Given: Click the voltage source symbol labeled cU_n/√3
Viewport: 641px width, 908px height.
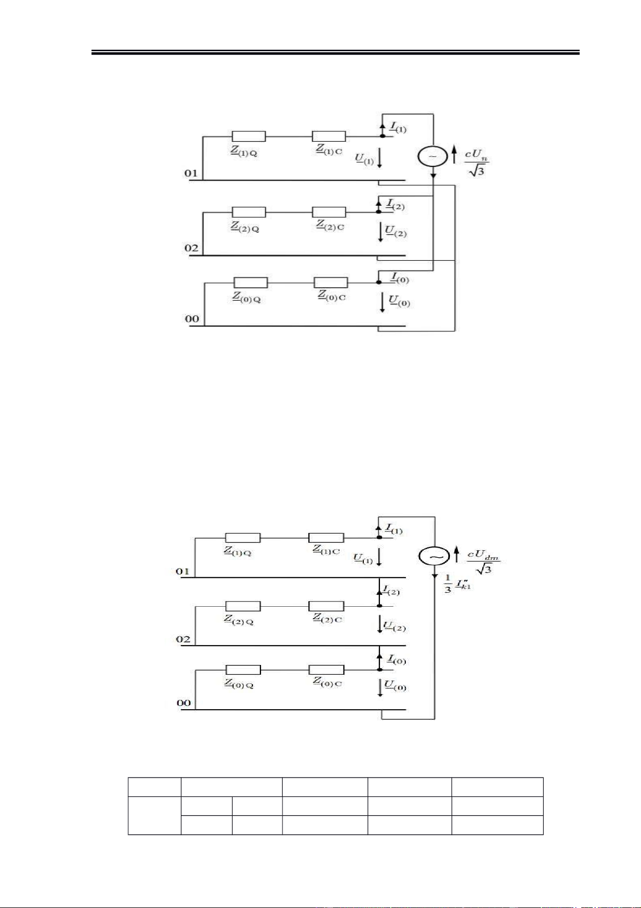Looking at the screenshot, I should tap(433, 156).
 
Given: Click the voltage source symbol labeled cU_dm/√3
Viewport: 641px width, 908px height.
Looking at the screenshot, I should tap(434, 556).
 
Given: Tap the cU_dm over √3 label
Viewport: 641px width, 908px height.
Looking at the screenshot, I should tap(483, 561).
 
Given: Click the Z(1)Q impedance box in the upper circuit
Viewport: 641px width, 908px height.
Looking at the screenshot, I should tap(249, 136).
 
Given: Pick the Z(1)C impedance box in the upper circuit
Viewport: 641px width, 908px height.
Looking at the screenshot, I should tap(329, 136).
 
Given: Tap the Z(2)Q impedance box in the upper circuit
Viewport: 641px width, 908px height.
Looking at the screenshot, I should tap(249, 212).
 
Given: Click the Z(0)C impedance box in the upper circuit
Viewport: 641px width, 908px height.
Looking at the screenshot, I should tap(330, 282).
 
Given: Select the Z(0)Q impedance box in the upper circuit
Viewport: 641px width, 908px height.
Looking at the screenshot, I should tap(250, 282).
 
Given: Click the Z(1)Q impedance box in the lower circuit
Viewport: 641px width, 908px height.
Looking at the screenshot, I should tap(243, 537).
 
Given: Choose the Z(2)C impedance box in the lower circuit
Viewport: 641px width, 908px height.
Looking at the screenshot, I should tap(326, 606).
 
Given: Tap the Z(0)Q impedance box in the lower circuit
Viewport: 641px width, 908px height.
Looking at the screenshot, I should tap(243, 670).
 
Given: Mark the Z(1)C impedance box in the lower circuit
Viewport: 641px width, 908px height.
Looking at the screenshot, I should tap(326, 537).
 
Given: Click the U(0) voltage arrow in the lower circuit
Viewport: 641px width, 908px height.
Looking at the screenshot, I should tap(380, 688).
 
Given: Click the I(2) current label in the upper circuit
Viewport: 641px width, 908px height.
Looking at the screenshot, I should tap(396, 205).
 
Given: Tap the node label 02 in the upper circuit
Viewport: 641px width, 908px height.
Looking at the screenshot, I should tap(192, 248).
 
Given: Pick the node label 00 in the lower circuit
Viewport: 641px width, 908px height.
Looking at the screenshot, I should tap(184, 703).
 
